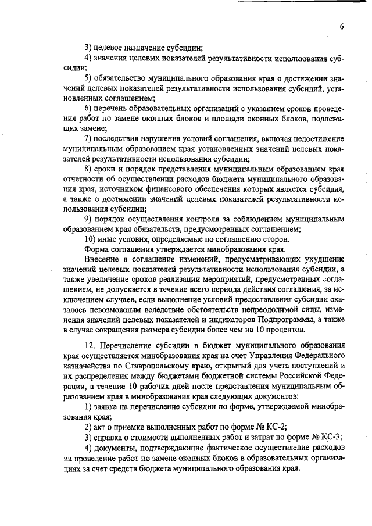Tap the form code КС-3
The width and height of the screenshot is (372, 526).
(335, 437)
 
